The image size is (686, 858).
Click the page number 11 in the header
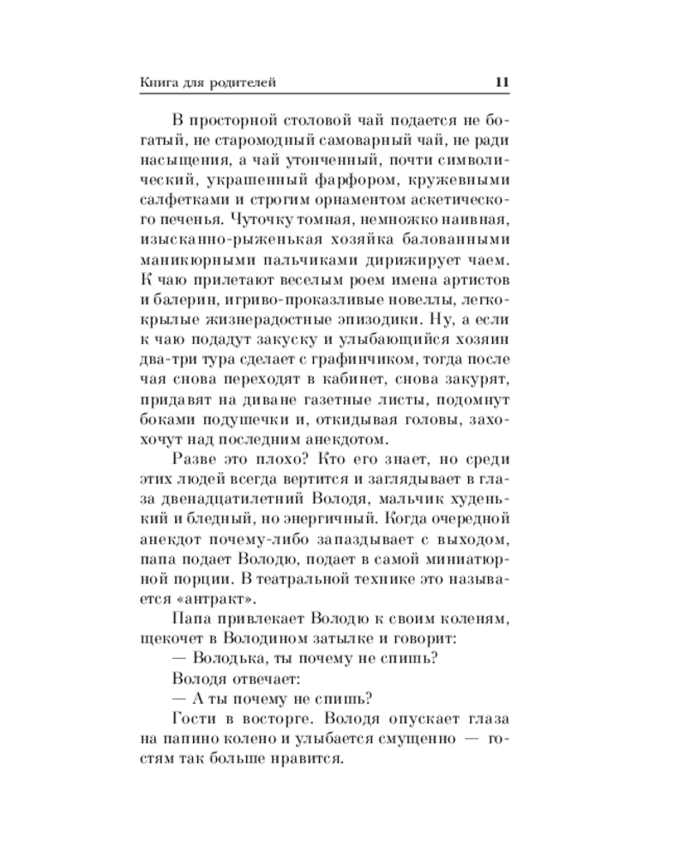point(502,82)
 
